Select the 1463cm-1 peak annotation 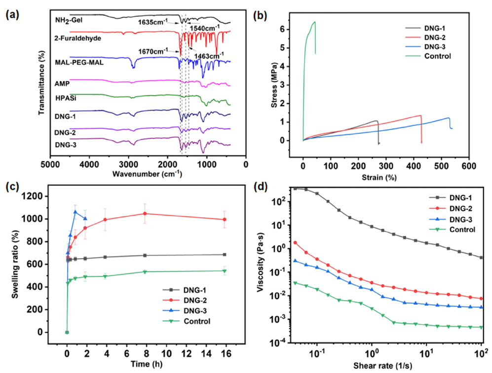pos(210,55)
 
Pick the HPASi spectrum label pos(64,98)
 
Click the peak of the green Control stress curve pos(314,22)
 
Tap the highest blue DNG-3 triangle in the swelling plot pos(76,212)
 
